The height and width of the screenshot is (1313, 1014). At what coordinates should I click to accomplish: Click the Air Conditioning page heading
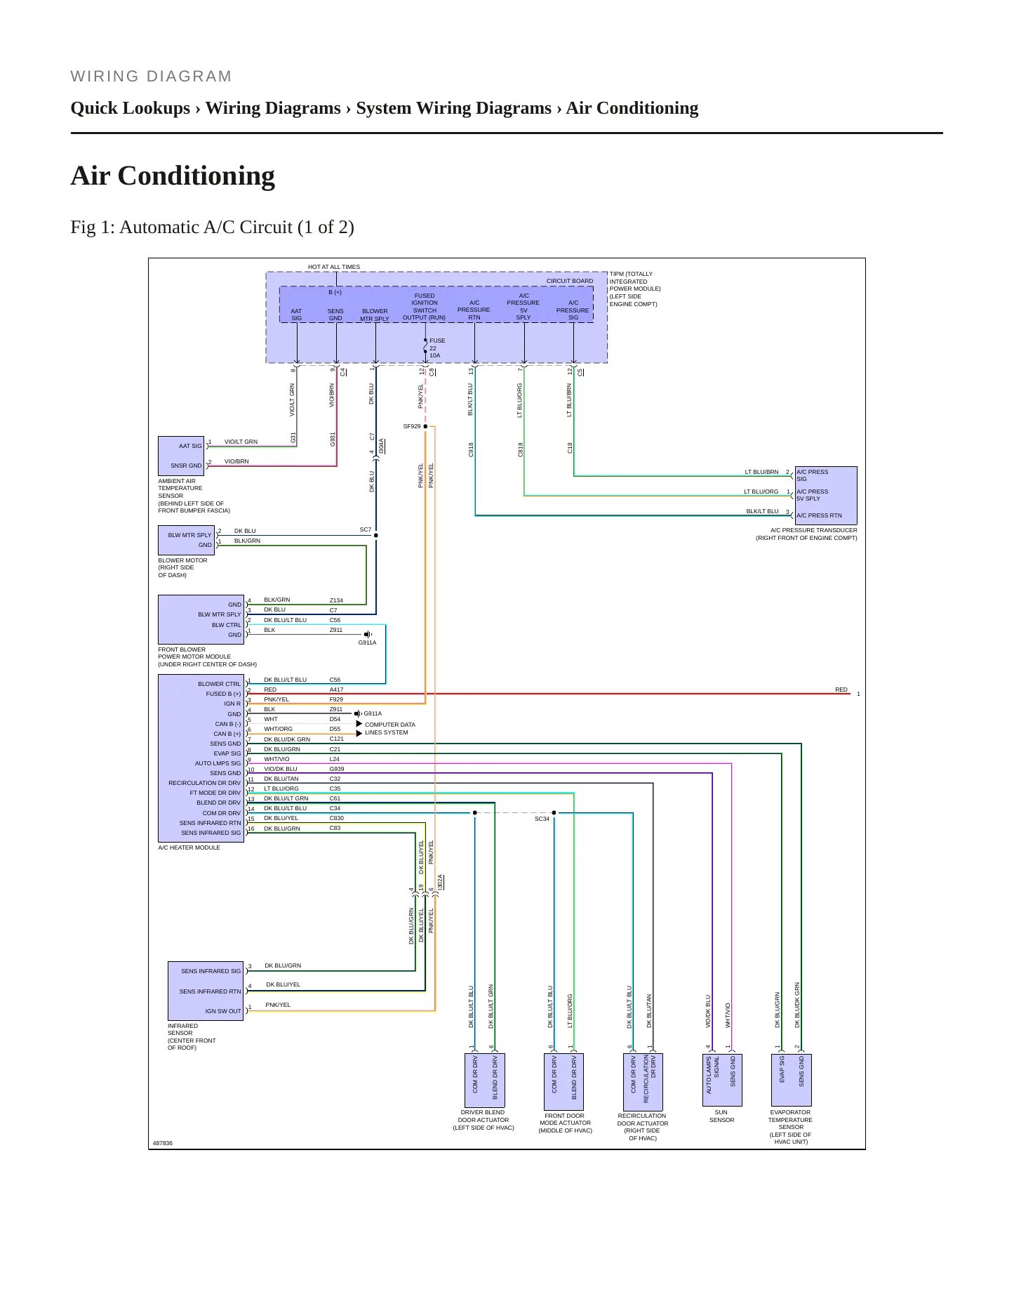point(173,176)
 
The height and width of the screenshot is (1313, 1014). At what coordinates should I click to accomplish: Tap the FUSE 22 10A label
point(436,348)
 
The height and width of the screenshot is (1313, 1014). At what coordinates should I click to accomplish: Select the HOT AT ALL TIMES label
point(334,267)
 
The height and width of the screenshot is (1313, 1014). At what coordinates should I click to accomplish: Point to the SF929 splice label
point(412,426)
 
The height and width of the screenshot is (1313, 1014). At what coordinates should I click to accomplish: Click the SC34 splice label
point(542,819)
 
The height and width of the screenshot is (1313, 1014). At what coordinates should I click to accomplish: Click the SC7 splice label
point(366,529)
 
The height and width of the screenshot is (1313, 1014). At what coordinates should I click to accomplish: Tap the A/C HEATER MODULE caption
point(189,847)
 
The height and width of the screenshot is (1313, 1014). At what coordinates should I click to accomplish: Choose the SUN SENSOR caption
point(721,1116)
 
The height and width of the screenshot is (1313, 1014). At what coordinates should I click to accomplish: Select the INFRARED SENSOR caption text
point(192,1036)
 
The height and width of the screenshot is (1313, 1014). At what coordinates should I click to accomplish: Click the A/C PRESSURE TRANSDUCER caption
point(806,534)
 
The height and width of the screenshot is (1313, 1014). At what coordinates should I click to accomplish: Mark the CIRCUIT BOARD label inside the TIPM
point(570,281)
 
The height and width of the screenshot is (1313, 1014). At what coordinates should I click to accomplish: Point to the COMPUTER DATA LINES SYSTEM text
point(390,728)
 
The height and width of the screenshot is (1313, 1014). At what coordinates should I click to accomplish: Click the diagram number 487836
point(163,1143)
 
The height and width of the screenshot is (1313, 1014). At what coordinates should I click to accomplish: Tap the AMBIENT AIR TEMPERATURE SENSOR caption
point(194,496)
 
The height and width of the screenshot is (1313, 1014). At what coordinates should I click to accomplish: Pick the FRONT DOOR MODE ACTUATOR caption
point(565,1123)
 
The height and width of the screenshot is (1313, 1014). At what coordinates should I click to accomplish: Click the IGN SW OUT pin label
point(223,1011)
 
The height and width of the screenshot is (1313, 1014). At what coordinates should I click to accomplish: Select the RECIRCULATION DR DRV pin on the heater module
point(204,783)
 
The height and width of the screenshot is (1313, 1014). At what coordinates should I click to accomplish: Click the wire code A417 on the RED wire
point(337,690)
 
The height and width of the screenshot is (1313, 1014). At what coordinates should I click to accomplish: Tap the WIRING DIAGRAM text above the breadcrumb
point(151,77)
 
